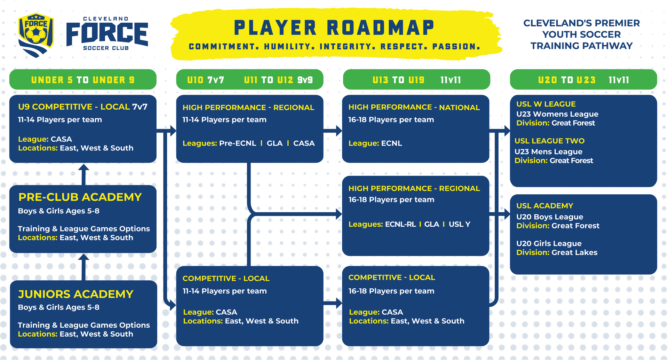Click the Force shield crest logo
36,35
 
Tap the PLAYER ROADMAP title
334,28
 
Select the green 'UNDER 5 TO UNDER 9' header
83,80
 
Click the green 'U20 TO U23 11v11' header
583,80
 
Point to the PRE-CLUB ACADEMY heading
80,197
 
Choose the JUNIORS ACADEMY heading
76,294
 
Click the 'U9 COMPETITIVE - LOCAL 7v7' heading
83,107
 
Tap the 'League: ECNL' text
375,143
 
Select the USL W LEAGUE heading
546,104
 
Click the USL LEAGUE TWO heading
549,141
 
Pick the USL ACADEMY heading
544,205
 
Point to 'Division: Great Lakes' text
557,252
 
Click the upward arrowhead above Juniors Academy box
83,258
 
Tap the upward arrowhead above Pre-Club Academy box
83,168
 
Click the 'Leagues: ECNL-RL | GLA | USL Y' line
409,224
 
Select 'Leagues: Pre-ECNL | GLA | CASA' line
248,143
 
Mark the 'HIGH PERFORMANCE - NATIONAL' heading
414,107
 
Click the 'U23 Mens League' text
548,151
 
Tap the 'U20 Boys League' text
550,217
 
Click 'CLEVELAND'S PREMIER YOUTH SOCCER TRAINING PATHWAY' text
581,34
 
